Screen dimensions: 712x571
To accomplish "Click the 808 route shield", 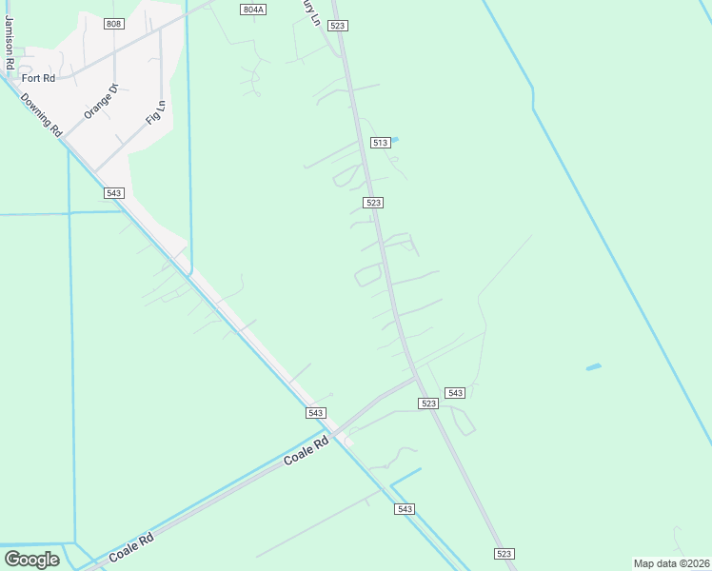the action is point(114,23).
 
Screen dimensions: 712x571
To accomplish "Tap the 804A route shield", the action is point(253,9).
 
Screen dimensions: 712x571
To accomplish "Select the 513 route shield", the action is point(380,143).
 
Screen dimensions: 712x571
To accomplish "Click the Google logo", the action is point(31,560).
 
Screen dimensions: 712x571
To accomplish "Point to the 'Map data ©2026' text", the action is point(672,563).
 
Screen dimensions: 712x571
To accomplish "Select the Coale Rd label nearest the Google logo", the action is point(131,549).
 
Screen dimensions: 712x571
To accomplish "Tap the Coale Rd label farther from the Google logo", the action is point(307,451).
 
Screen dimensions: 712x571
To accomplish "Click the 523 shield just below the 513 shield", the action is point(373,203).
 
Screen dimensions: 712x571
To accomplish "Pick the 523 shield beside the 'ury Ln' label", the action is point(338,26).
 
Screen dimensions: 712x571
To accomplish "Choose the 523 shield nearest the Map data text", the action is point(504,554).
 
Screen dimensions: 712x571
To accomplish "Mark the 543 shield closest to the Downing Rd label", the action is point(113,193).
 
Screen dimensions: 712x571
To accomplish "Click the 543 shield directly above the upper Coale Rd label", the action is point(316,413).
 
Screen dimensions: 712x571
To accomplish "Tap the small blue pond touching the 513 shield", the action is point(393,140).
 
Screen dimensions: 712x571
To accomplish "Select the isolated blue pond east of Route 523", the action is point(593,366).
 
